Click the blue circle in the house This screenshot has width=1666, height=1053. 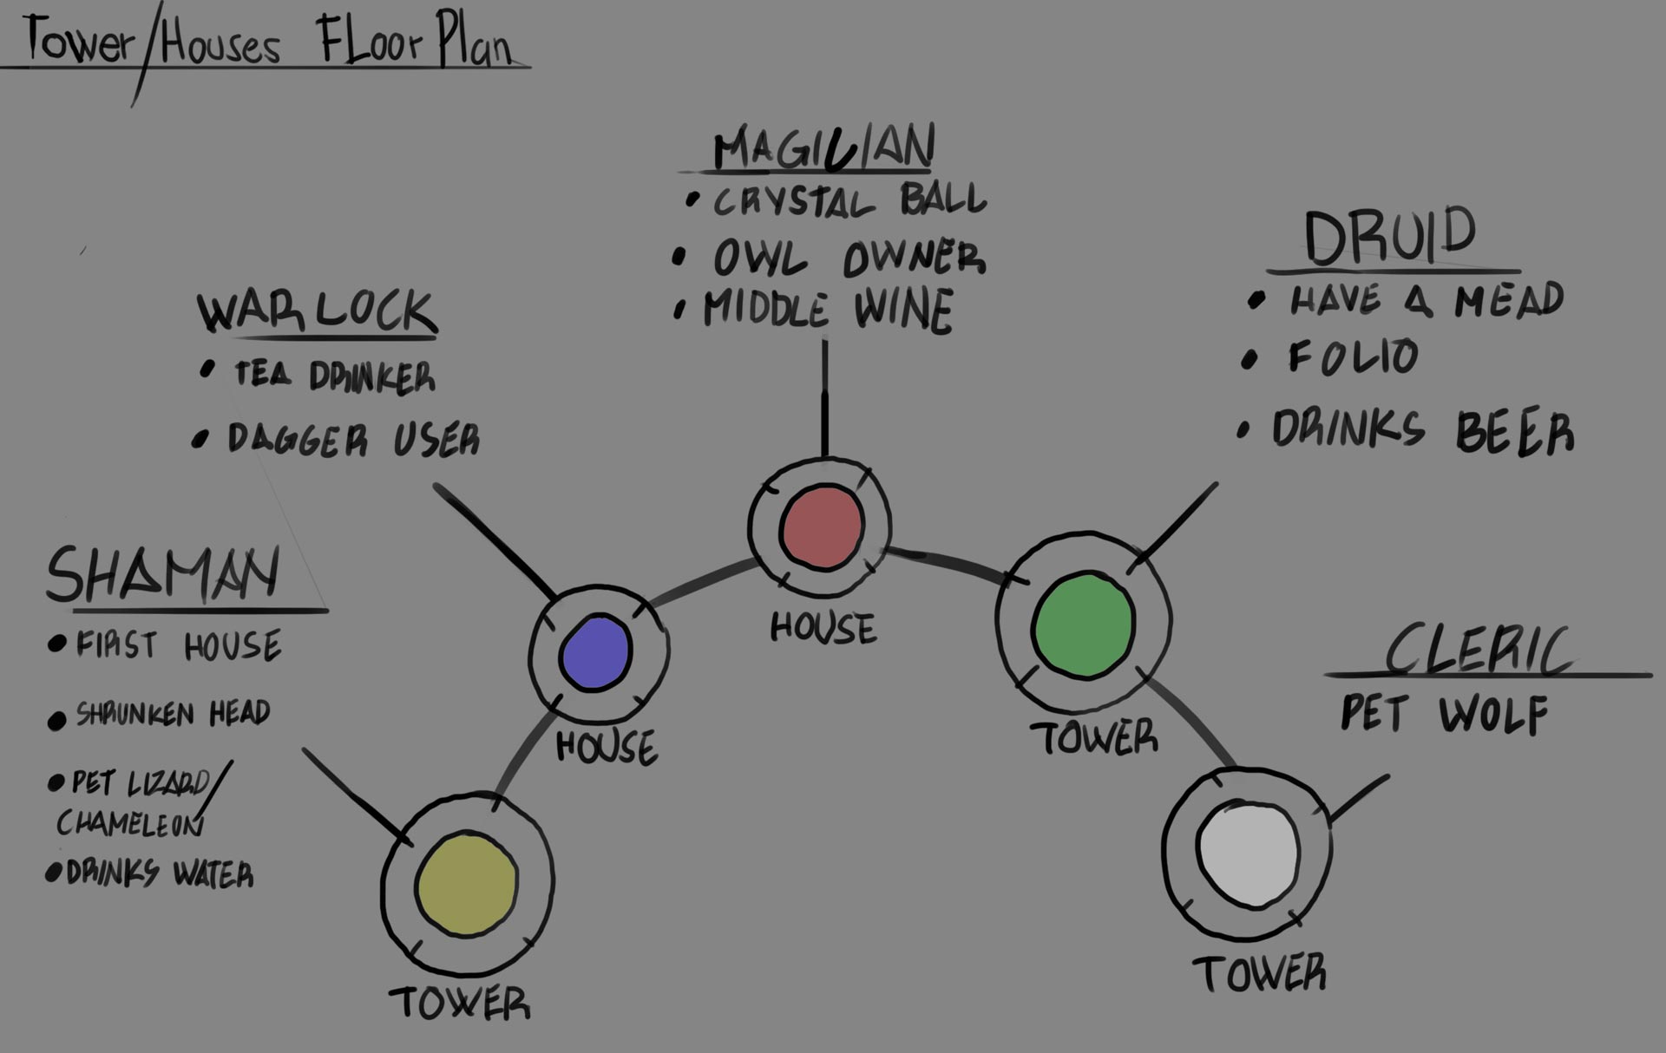[595, 653]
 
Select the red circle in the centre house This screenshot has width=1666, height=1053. [822, 527]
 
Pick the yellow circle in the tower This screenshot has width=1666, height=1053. [467, 885]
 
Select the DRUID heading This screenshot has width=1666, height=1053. [1390, 236]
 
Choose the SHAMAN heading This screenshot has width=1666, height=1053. [163, 574]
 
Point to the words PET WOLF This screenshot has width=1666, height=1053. [1444, 715]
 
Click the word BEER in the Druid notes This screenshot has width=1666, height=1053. [1514, 432]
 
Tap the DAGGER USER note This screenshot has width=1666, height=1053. [352, 440]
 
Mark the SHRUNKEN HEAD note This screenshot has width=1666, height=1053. [173, 714]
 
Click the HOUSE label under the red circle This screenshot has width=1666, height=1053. [823, 628]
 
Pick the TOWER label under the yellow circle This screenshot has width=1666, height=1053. [459, 1004]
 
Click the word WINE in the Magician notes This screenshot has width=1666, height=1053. [903, 310]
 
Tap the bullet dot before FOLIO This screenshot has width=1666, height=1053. [1249, 360]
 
